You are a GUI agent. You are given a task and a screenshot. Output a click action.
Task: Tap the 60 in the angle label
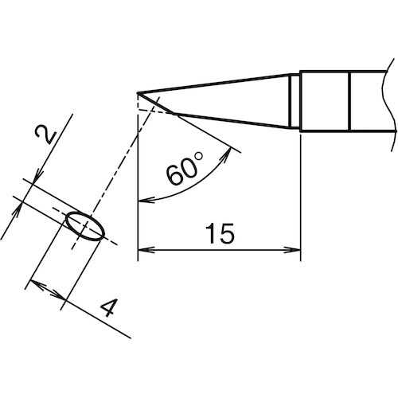click(179, 173)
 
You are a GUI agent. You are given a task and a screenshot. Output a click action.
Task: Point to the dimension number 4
click(112, 308)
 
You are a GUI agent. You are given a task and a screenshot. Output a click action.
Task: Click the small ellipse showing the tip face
click(84, 225)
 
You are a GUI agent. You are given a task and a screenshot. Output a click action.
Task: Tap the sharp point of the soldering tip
click(139, 93)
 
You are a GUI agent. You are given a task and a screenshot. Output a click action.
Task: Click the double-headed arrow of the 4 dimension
click(46, 293)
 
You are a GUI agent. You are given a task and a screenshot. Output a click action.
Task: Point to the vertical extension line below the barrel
click(299, 199)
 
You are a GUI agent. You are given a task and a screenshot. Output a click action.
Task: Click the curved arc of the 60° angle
click(195, 187)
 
